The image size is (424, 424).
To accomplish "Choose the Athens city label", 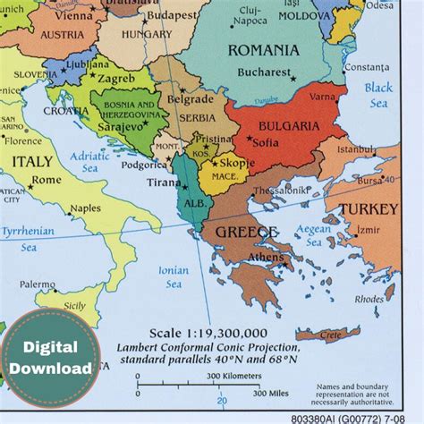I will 266,259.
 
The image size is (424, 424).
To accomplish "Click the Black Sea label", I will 378,95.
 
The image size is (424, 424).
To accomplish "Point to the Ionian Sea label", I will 173,276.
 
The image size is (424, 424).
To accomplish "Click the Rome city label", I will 47,180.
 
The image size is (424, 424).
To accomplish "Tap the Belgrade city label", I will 191,99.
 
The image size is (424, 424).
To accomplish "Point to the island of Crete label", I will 330,335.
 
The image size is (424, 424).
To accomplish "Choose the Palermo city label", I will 38,284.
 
